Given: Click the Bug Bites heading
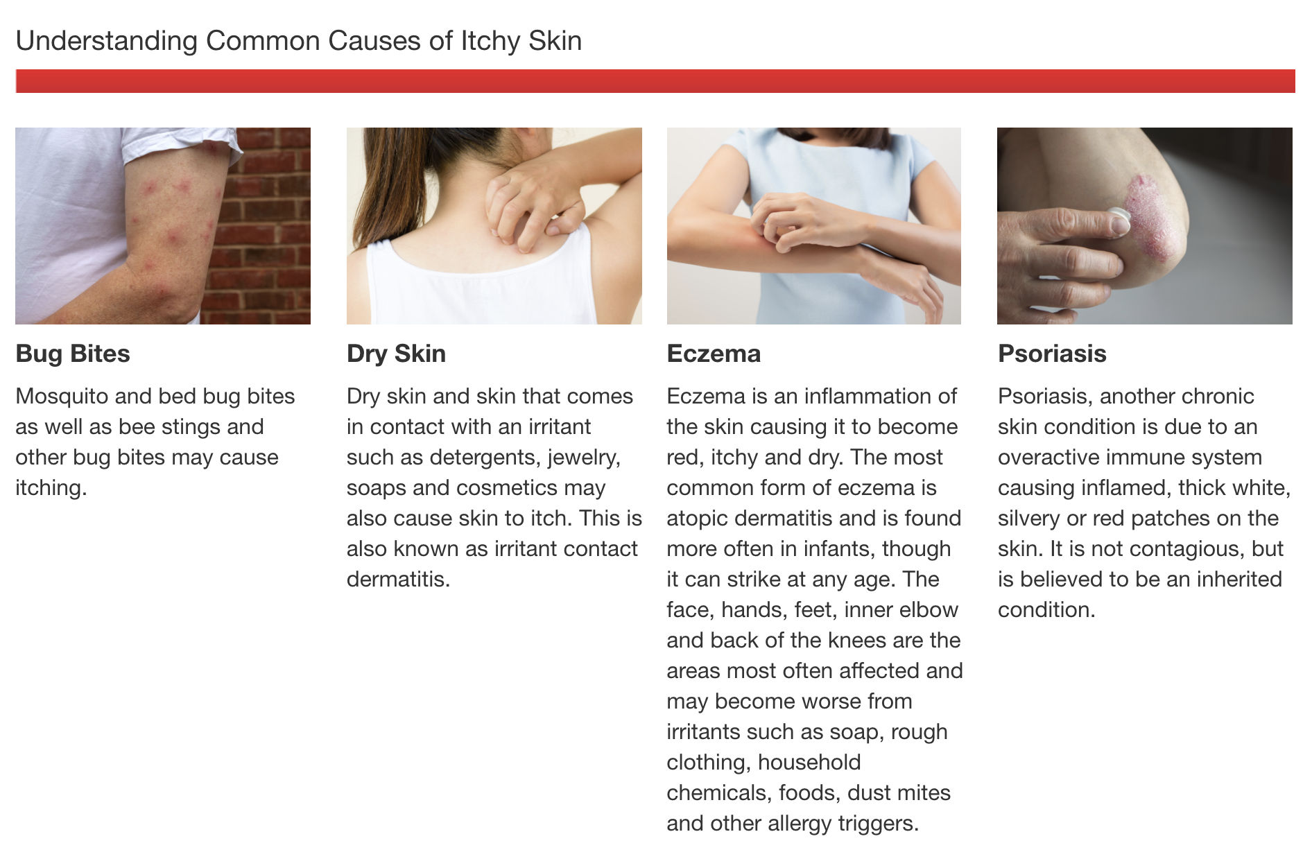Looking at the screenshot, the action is pos(73,354).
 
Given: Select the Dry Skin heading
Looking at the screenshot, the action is pos(396,354).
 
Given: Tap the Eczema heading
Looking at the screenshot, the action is pos(714,354).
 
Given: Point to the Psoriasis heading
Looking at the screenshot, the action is pos(1052,354).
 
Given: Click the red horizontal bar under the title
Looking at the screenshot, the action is pos(655,81).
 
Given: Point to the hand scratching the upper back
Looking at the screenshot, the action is pos(530,201).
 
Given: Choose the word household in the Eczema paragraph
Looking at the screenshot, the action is pos(809,763).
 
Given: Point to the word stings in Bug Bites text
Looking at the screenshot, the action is pos(189,427).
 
